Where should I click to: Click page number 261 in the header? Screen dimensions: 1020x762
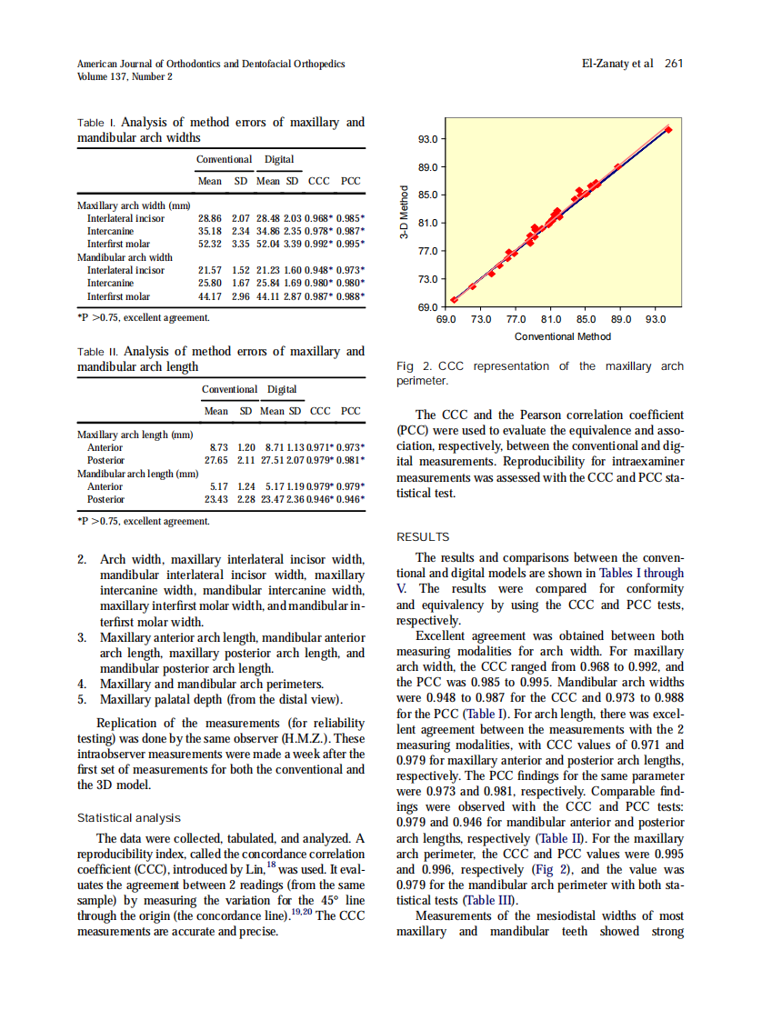[674, 64]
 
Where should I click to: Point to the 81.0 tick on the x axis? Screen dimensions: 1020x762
[551, 320]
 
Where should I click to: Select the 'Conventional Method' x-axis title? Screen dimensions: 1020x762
[563, 336]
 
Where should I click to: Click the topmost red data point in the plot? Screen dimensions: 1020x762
[668, 129]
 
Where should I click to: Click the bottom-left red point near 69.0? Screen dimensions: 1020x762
[454, 300]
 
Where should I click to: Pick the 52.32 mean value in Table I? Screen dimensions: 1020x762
[209, 244]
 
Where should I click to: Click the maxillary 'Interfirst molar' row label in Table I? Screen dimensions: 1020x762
[118, 244]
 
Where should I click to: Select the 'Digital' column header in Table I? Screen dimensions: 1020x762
[279, 159]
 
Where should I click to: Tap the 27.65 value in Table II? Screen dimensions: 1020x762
[216, 460]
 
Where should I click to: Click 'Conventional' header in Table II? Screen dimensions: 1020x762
[229, 389]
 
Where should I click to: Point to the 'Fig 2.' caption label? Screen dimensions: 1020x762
[413, 366]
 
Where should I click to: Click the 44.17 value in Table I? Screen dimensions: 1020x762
[209, 296]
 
